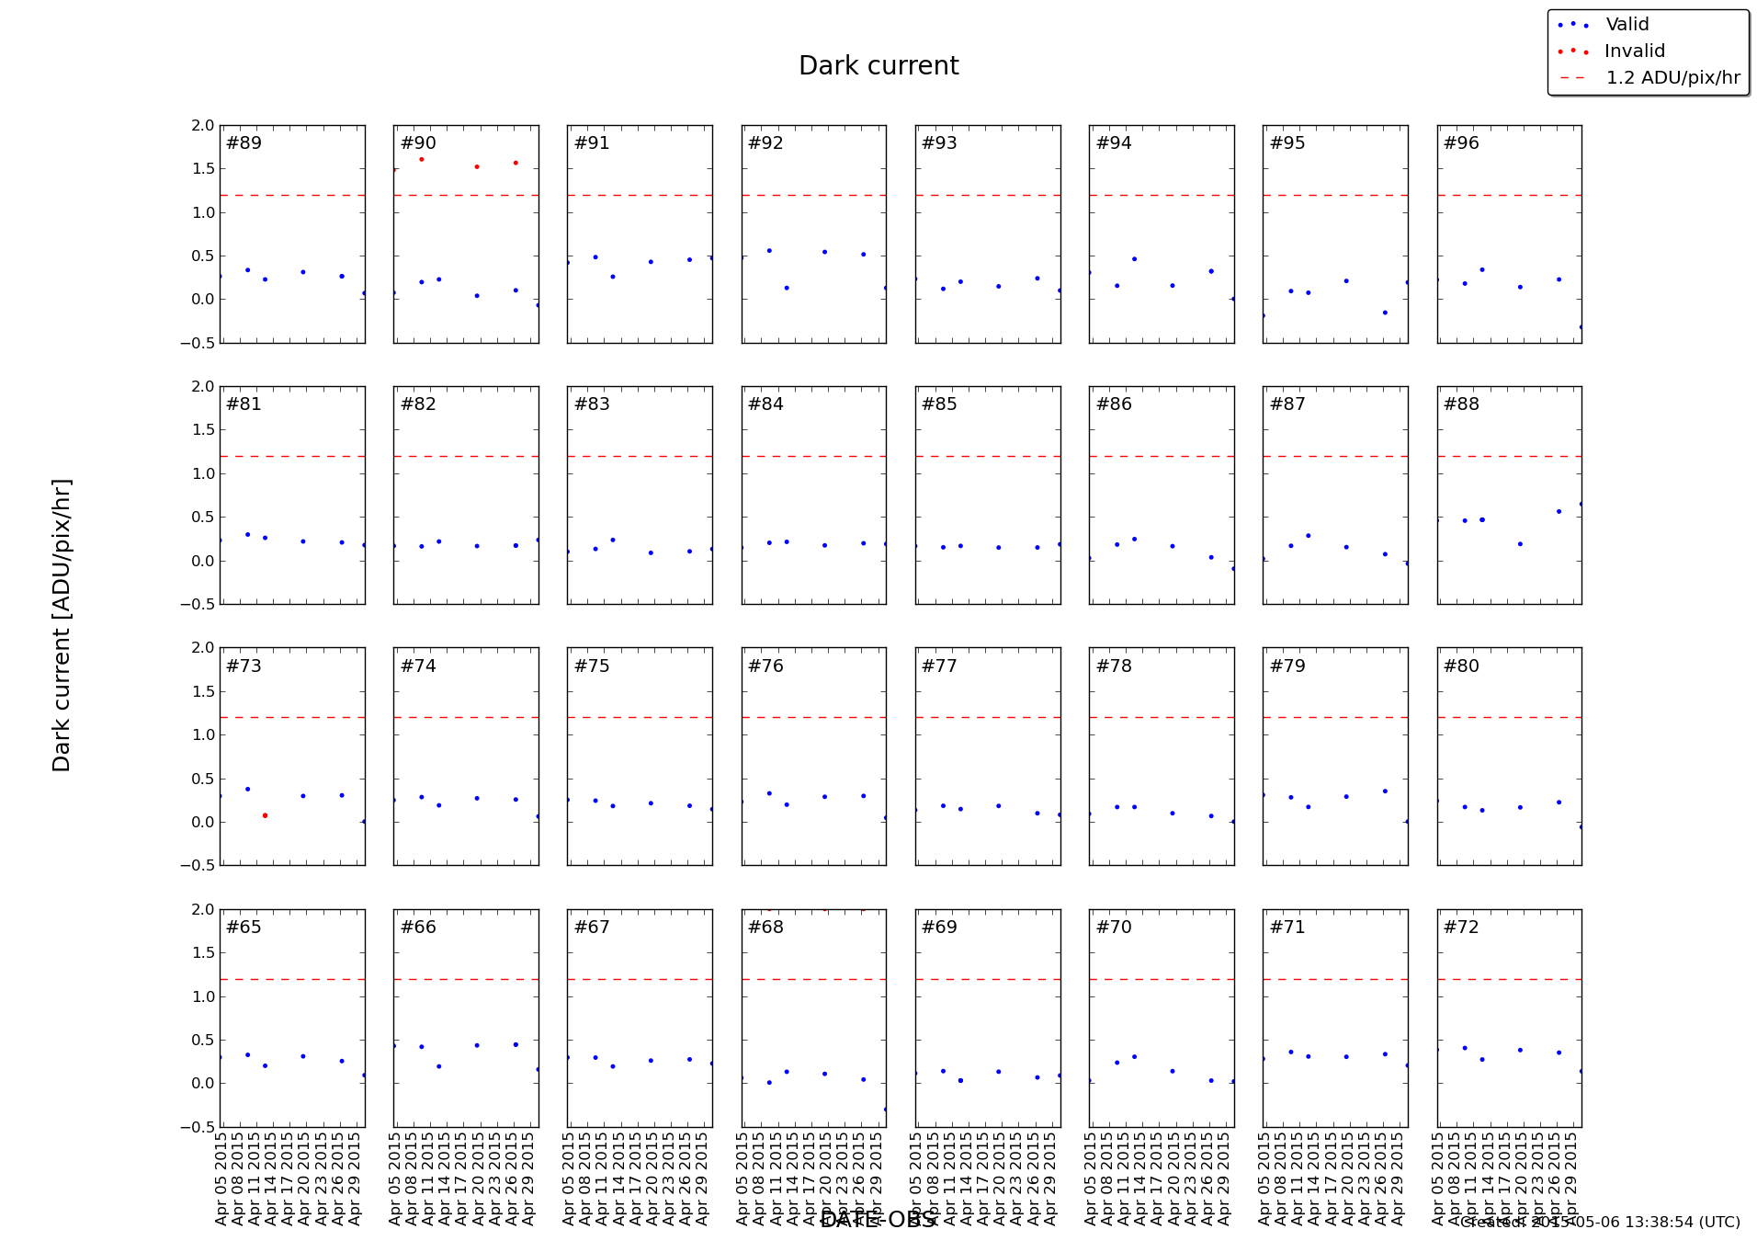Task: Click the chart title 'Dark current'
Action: click(x=878, y=66)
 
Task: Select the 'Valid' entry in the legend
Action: click(x=1627, y=25)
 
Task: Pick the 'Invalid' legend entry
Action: click(x=1634, y=51)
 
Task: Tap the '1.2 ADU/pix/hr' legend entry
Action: click(x=1672, y=78)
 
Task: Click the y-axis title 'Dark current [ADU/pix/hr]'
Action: click(x=62, y=625)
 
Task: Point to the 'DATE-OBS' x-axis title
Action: click(x=878, y=1220)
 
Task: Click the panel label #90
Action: click(x=418, y=143)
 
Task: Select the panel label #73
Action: click(x=244, y=666)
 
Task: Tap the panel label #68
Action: click(x=765, y=928)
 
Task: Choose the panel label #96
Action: click(x=1461, y=143)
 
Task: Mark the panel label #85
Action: click(x=939, y=404)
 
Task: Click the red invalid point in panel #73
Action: click(x=265, y=815)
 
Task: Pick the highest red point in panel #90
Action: click(x=422, y=159)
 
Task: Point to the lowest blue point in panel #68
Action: click(x=885, y=1110)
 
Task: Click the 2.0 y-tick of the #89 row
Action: click(x=204, y=126)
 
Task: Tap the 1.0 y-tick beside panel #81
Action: click(x=204, y=474)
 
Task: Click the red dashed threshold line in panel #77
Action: click(x=988, y=717)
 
